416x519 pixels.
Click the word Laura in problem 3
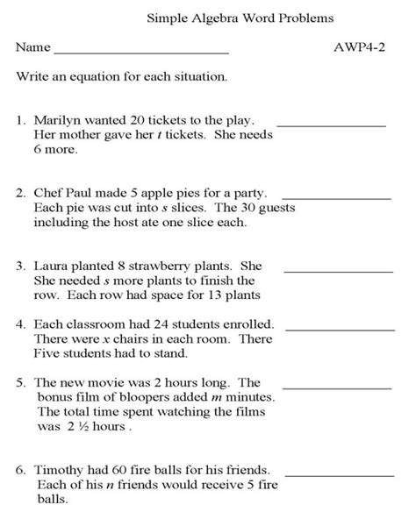53,264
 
